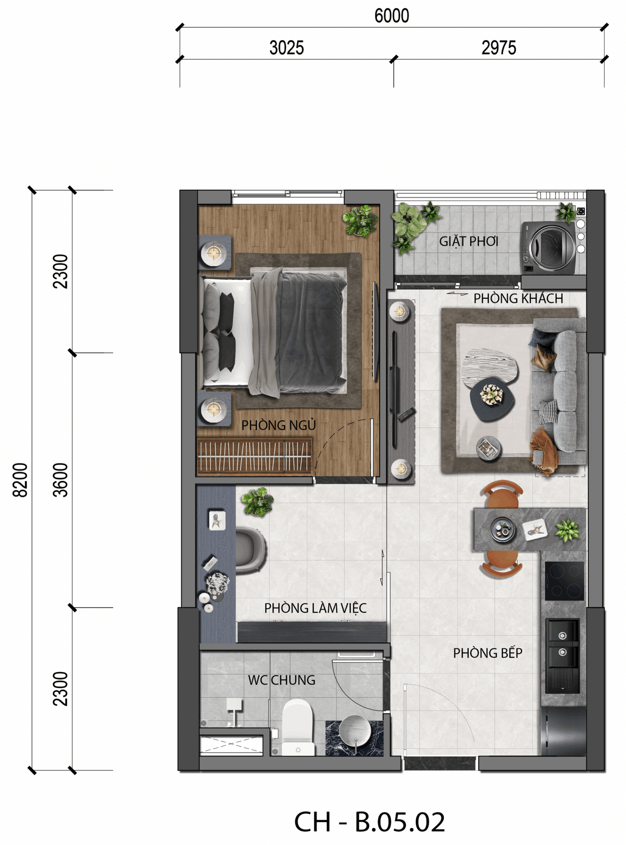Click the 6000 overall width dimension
pos(391,16)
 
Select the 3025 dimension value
pos(287,48)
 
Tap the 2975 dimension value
pos(499,48)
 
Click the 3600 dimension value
pos(60,480)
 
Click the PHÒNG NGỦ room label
pos(279,425)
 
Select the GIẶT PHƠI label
pos(469,241)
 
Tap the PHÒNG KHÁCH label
pos(518,298)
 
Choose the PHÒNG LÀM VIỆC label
pos(315,608)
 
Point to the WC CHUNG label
pos(282,680)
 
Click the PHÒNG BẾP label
pos(488,653)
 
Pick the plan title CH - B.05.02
pos(369,821)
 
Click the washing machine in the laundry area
pos(548,248)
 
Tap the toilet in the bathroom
pos(297,727)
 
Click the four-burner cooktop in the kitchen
pos(565,581)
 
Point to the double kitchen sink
pos(562,656)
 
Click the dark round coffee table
pos(492,399)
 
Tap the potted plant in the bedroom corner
pos(360,221)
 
